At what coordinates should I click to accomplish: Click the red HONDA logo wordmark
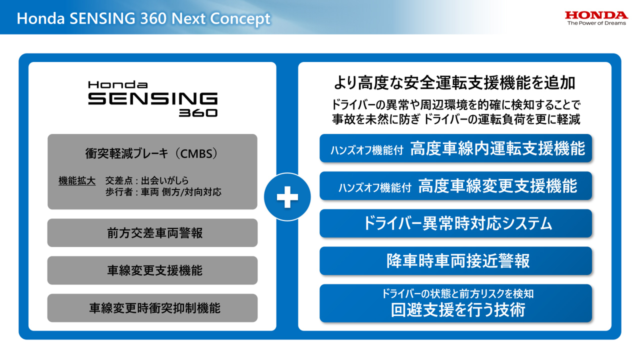coord(596,15)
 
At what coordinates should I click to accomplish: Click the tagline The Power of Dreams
coord(596,23)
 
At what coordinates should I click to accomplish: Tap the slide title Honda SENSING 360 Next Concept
coord(143,18)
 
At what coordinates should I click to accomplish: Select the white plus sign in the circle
coord(287,197)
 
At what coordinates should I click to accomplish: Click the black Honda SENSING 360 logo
coord(152,98)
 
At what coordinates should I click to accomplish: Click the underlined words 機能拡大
coord(77,180)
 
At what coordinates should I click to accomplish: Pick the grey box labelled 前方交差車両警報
coord(152,233)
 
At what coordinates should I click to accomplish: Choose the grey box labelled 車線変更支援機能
coord(152,270)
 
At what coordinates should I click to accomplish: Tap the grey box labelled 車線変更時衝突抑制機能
coord(152,308)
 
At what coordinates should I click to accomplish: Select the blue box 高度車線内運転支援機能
coord(455,148)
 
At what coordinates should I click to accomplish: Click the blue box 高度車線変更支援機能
coord(455,186)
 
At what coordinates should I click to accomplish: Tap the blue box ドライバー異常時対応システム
coord(455,223)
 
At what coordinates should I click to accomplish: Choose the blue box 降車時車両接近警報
coord(455,261)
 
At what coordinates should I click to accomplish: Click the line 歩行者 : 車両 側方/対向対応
coord(163,191)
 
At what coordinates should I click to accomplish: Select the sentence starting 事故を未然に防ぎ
coord(455,119)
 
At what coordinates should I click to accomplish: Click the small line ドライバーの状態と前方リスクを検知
coord(457,294)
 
